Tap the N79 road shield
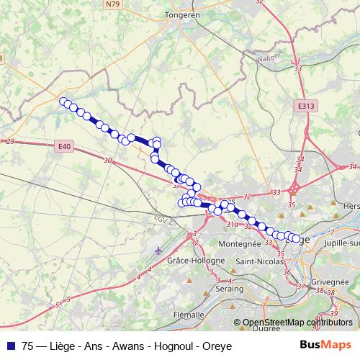[x=112, y=4]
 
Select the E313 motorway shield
[x=306, y=105]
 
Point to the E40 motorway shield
[x=64, y=147]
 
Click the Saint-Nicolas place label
[x=258, y=261]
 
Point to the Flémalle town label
[x=191, y=315]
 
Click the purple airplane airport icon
[x=158, y=251]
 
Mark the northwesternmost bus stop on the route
[x=63, y=102]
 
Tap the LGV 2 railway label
[x=163, y=220]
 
